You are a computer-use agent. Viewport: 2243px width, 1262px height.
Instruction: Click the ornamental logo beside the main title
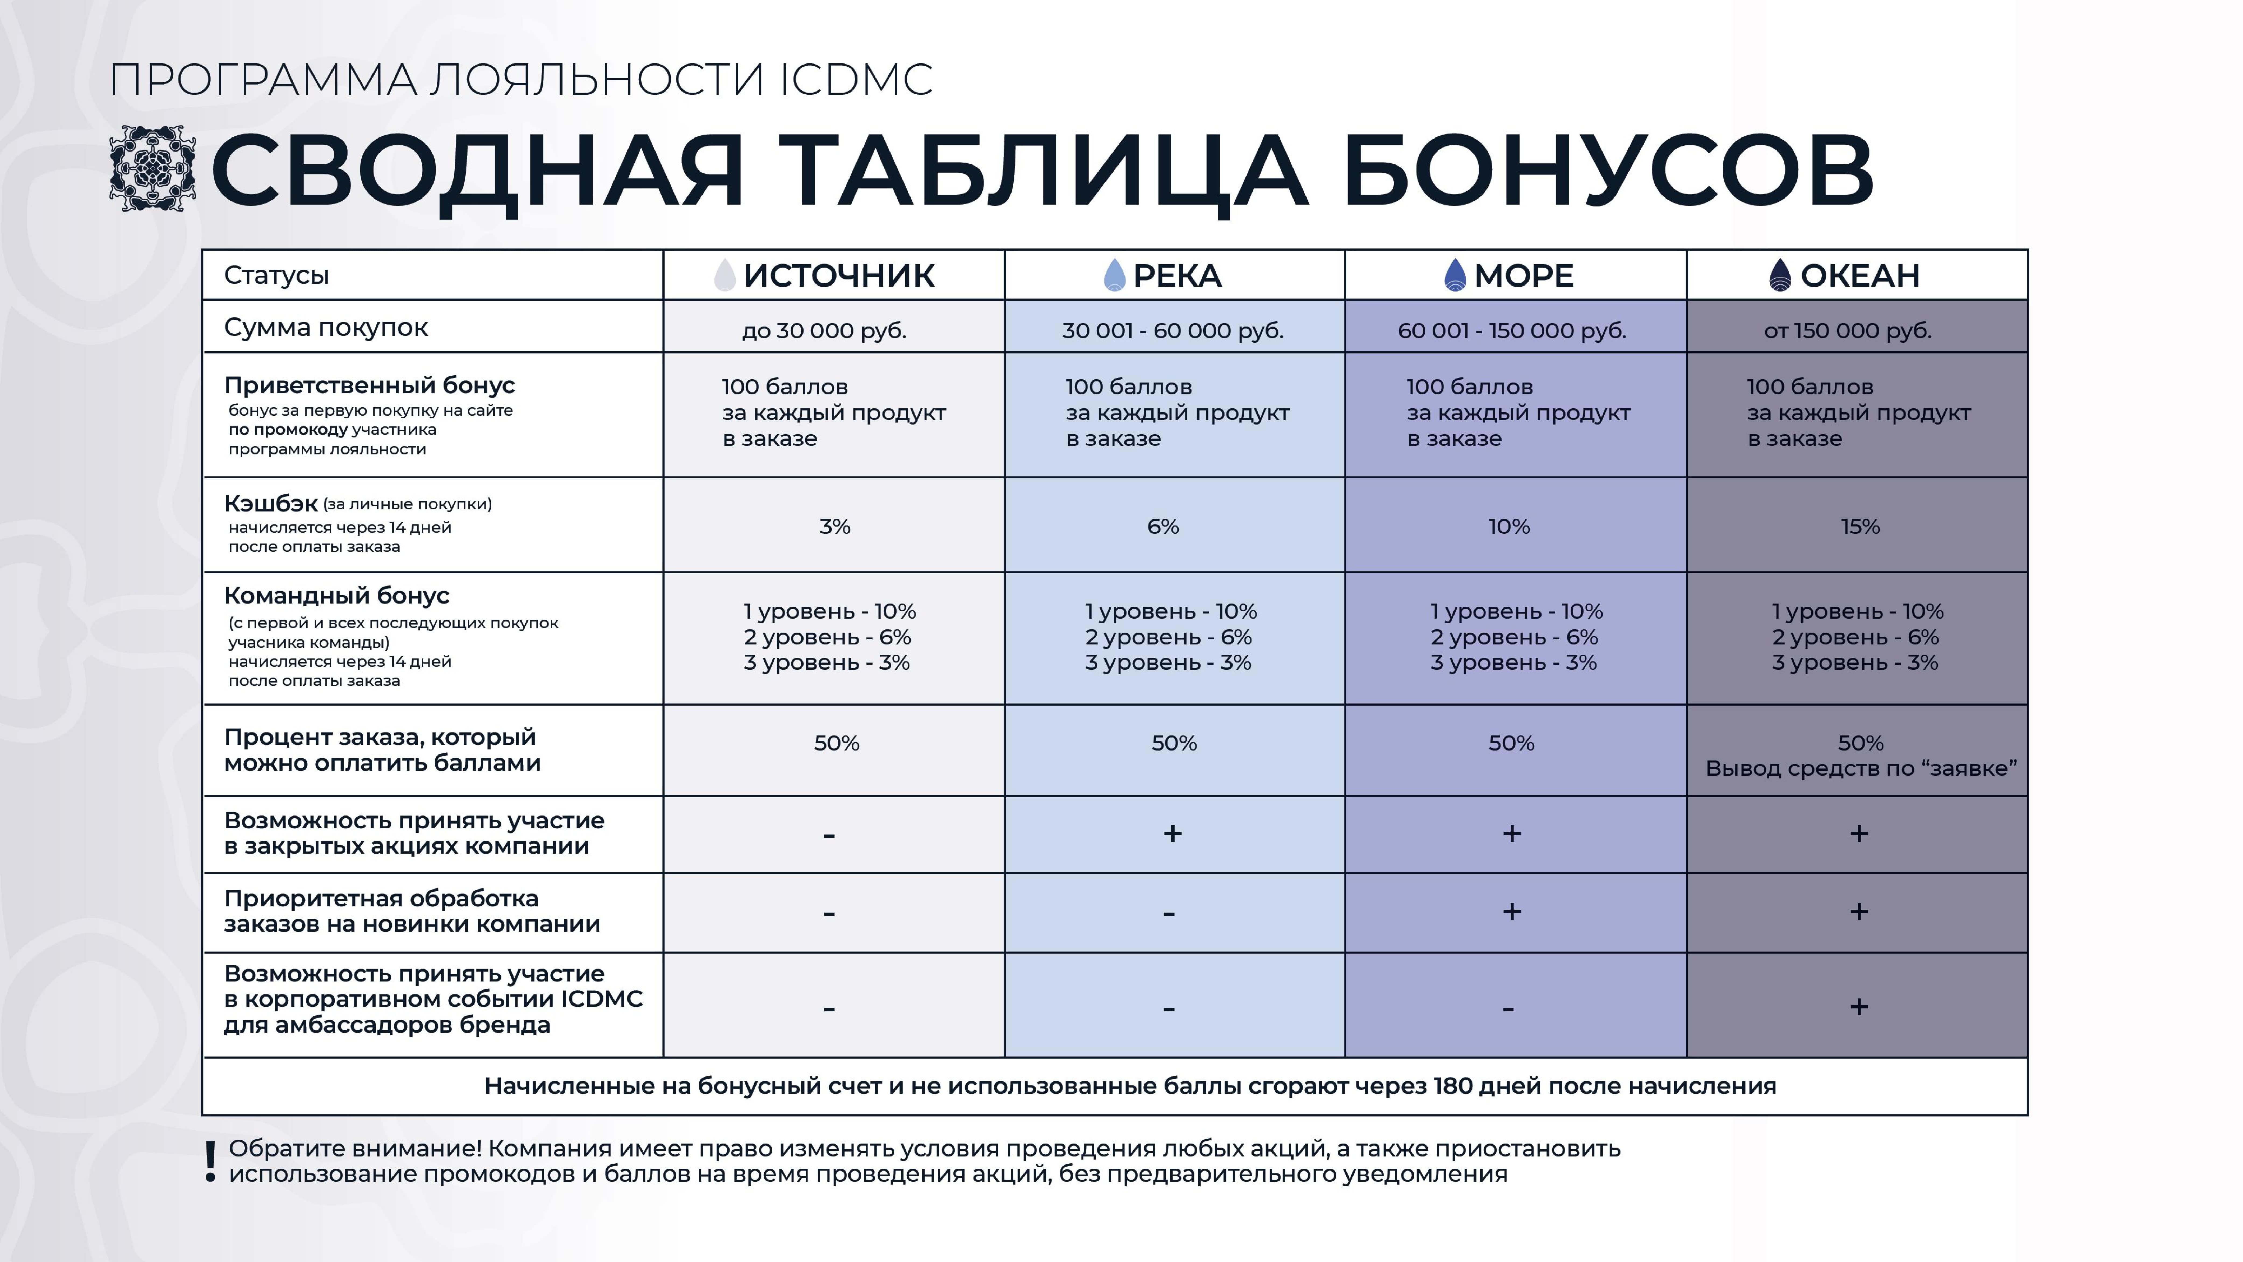point(152,168)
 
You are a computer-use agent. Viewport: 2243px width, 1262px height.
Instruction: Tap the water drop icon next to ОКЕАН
point(1780,275)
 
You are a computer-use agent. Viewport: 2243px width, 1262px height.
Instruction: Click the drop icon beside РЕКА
point(1114,275)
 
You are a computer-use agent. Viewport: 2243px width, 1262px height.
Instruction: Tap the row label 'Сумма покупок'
point(326,327)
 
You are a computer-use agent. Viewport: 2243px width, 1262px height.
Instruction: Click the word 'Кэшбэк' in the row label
point(271,503)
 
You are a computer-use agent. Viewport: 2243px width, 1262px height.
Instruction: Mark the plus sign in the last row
point(1859,1007)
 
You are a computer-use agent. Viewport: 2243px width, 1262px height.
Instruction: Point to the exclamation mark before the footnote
point(210,1162)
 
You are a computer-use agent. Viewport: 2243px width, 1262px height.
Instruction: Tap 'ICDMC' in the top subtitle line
point(856,80)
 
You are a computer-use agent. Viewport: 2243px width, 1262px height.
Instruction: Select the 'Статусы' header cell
point(276,275)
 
